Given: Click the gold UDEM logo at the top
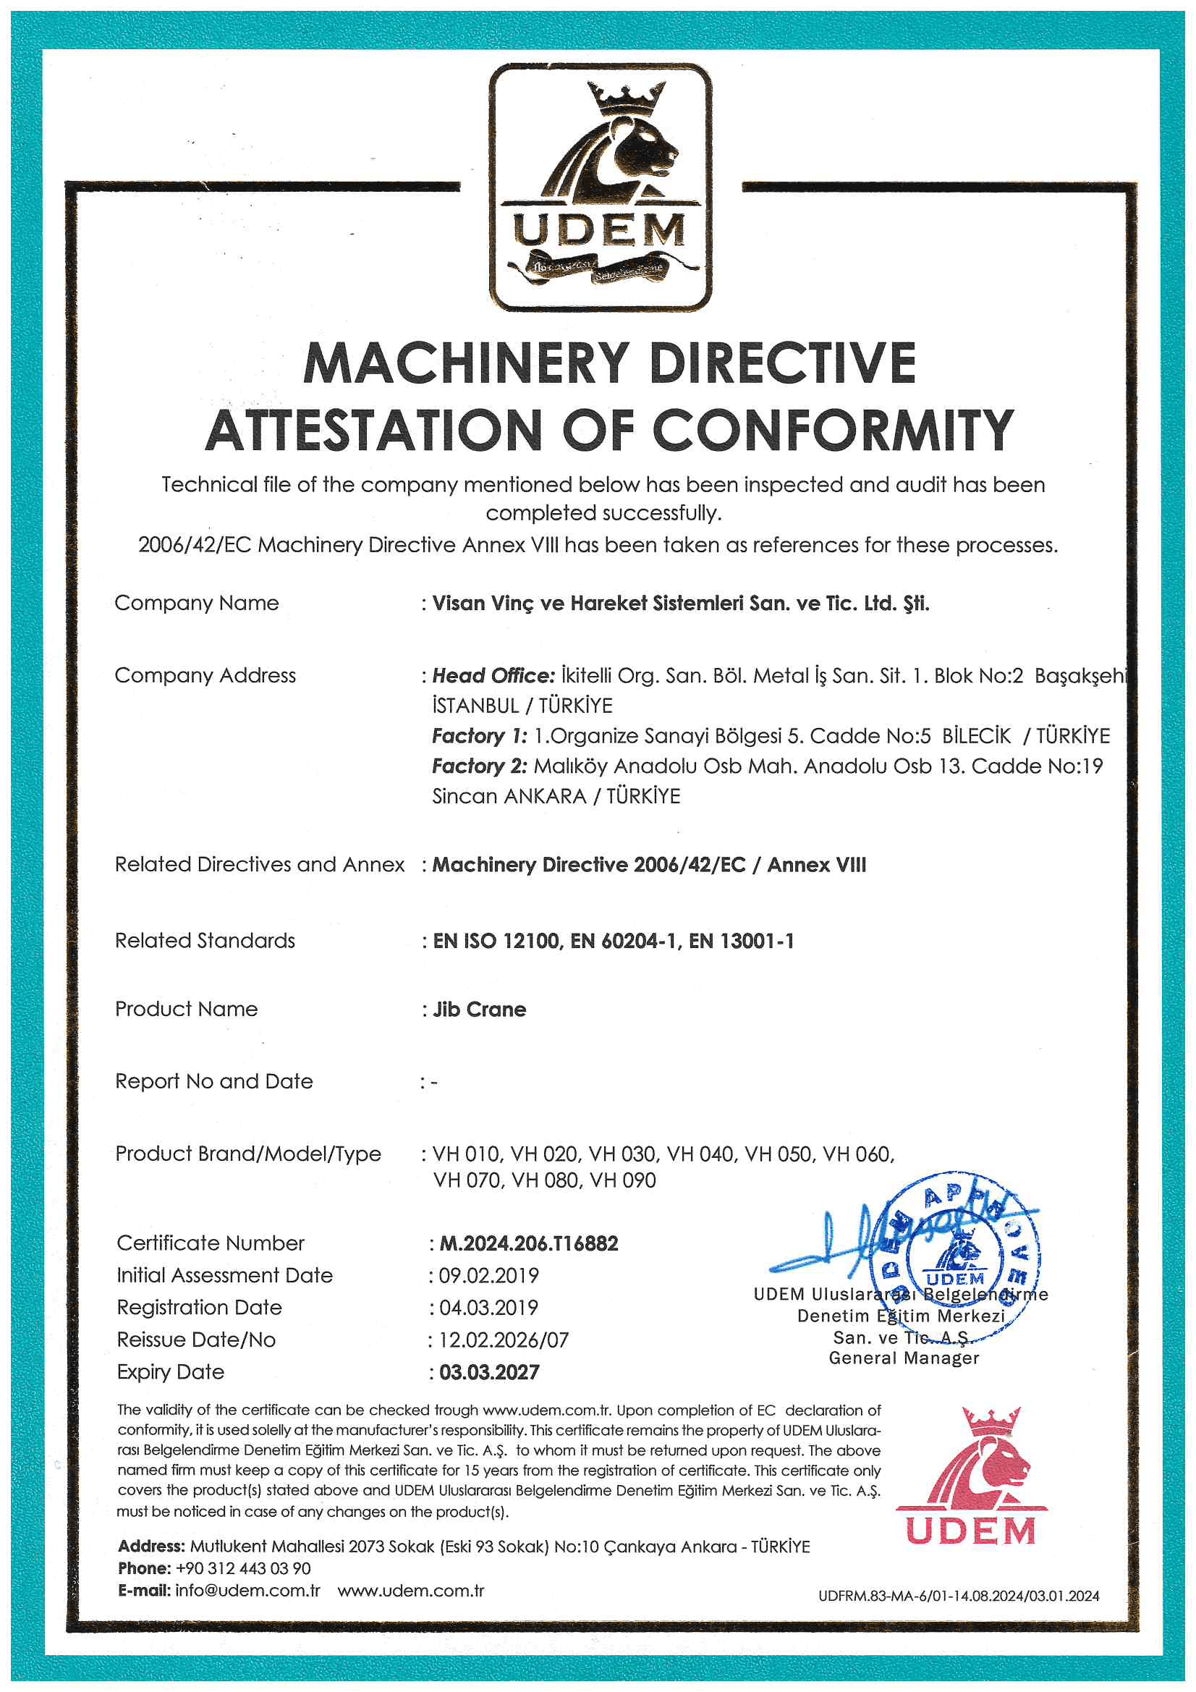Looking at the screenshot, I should click(x=601, y=187).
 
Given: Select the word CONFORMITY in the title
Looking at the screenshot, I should click(x=833, y=431).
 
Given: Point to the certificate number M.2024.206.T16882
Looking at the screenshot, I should click(x=528, y=1244).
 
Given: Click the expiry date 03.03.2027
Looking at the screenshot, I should click(x=489, y=1372).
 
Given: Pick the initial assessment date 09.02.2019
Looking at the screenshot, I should click(x=488, y=1276).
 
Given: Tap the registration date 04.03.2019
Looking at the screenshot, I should click(x=488, y=1308).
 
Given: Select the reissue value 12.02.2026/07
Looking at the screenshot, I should click(x=504, y=1340).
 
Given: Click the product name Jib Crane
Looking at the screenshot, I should click(x=480, y=1010).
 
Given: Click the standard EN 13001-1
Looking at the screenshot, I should click(x=742, y=941).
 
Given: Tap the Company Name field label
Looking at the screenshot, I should click(x=197, y=603).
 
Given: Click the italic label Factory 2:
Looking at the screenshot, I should click(x=479, y=766).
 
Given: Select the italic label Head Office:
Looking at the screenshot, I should click(x=493, y=676).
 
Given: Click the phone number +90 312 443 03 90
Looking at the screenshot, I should click(x=243, y=1568).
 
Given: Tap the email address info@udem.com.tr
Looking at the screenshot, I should click(x=247, y=1590).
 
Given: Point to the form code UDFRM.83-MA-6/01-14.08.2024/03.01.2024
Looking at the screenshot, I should click(x=958, y=1596).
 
